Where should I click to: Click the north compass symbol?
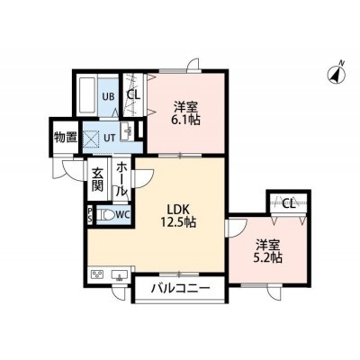[337, 74]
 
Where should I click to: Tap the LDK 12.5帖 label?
[178, 216]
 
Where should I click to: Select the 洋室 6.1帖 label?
[186, 113]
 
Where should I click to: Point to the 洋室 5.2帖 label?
[268, 251]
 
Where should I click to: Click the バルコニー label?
[179, 289]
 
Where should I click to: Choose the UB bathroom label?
[108, 96]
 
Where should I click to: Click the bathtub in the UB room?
[86, 96]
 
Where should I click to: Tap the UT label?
[109, 138]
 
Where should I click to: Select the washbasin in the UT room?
[127, 131]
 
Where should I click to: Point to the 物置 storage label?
[66, 138]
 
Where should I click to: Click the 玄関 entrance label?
[97, 180]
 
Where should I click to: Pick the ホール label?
[121, 179]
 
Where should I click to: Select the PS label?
[90, 215]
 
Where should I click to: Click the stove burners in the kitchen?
[98, 274]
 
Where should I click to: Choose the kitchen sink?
[120, 274]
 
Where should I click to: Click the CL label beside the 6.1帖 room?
[133, 94]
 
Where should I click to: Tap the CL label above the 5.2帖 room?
[289, 204]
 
